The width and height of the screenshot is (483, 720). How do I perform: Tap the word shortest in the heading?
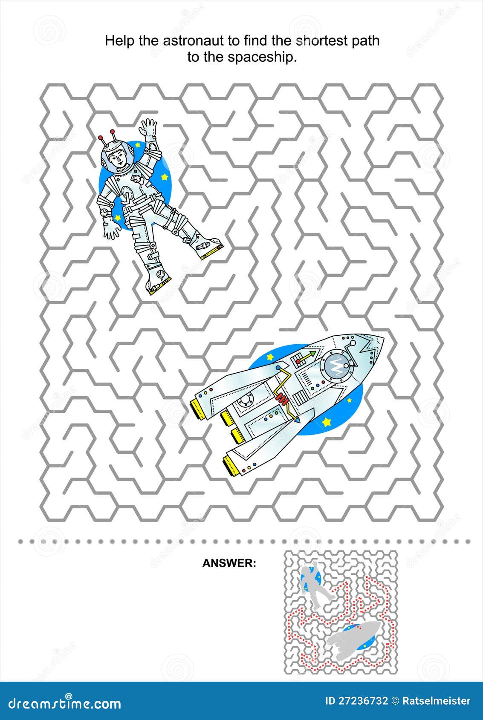(320, 41)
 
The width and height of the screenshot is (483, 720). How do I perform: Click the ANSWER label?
(229, 563)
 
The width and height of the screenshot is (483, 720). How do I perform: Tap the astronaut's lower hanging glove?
(112, 231)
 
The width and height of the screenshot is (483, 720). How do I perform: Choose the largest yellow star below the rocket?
(327, 422)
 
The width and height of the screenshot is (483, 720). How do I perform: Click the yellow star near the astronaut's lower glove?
(118, 217)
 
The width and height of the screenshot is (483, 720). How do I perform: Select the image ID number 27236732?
(367, 701)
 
